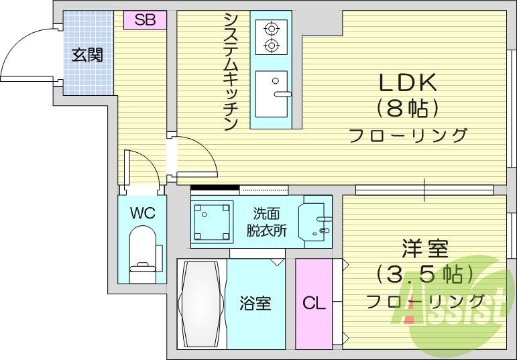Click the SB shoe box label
(145, 20)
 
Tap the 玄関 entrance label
(88, 55)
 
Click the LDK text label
(408, 83)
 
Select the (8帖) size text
(408, 107)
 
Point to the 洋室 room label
(424, 249)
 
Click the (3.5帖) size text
(424, 274)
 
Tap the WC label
(142, 214)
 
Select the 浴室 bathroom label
(255, 303)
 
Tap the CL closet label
(313, 303)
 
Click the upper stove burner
(272, 29)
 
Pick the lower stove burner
(272, 46)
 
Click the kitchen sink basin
(271, 93)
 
